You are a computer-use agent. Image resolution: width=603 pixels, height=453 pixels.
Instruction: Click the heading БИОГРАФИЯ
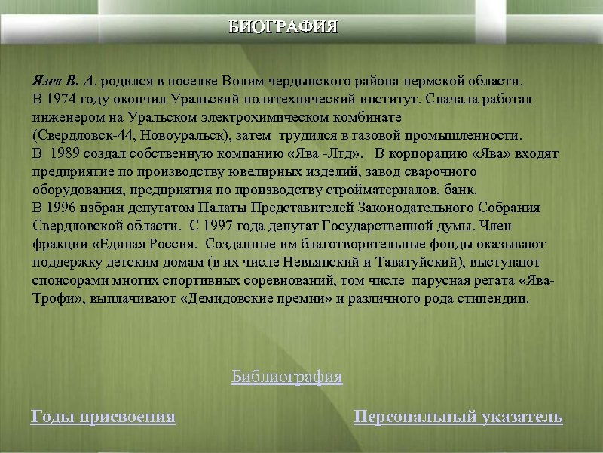[x=283, y=28]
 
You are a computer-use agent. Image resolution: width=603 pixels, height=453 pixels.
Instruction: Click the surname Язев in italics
[x=47, y=81]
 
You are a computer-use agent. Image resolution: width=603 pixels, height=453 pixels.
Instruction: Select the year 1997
[x=219, y=226]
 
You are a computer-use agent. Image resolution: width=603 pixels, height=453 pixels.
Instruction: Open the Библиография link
[x=286, y=376]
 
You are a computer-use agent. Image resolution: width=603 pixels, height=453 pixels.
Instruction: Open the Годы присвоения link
[x=103, y=416]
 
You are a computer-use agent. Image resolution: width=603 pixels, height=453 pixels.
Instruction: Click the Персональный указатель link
[x=458, y=416]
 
